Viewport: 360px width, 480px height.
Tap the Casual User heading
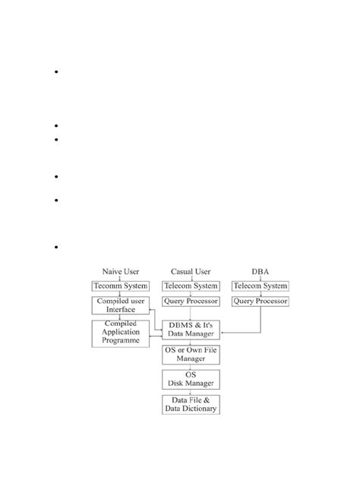(x=190, y=271)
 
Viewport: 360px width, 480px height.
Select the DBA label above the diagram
(x=260, y=271)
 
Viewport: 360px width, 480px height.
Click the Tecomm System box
(x=120, y=286)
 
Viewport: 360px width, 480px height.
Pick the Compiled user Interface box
(x=120, y=305)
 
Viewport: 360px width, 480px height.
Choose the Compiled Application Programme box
(x=120, y=333)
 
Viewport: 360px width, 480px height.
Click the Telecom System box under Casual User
(x=190, y=286)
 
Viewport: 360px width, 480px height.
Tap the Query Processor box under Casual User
(x=190, y=302)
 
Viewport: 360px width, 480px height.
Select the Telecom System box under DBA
(x=260, y=286)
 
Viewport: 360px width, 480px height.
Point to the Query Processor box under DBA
(x=260, y=302)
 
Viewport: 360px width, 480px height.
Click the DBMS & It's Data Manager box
(x=190, y=329)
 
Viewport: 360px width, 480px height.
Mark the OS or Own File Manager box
(x=190, y=354)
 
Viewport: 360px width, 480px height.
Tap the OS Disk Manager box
(x=190, y=379)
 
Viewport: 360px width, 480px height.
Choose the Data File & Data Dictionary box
(x=190, y=404)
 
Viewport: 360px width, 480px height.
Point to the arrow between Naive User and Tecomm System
(x=120, y=278)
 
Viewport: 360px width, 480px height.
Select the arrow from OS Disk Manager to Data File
(x=190, y=391)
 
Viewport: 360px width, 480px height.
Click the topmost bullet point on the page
(x=57, y=73)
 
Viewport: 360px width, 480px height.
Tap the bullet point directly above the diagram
(x=57, y=248)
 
